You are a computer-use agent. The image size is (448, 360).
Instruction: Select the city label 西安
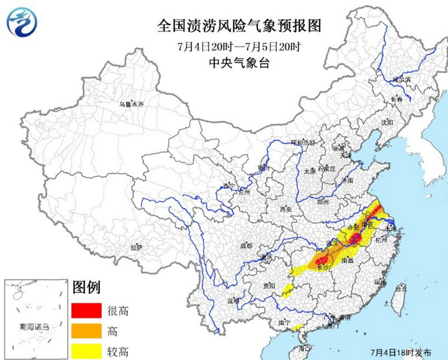[x=285, y=209]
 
